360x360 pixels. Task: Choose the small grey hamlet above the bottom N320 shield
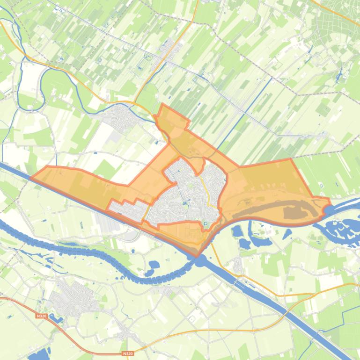coord(125,333)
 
